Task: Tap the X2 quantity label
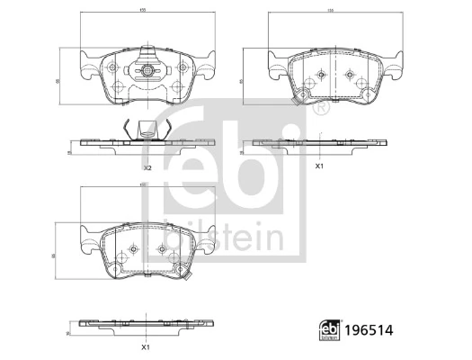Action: pos(147,168)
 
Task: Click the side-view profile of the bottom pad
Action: pos(144,322)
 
